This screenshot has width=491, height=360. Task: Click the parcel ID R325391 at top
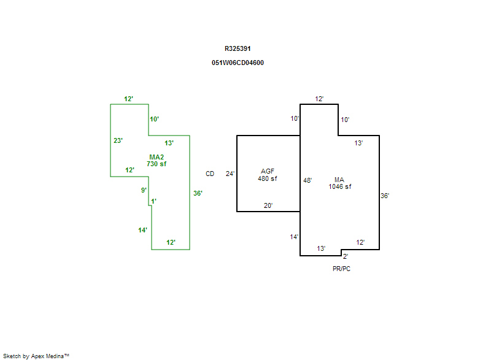[238, 48]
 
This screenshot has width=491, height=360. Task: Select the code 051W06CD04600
[238, 63]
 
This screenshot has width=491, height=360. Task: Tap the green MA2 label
[157, 157]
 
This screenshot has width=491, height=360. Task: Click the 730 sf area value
[157, 164]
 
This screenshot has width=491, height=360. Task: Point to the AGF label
[268, 171]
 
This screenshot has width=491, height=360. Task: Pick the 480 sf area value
[268, 178]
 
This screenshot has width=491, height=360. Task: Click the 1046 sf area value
[339, 186]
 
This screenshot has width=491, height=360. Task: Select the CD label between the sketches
[210, 174]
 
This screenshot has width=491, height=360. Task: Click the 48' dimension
[307, 180]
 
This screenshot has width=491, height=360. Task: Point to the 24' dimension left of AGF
[230, 174]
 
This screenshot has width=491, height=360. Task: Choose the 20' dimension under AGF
[268, 205]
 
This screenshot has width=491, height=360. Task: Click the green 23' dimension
[118, 140]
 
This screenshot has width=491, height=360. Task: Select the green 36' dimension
[198, 193]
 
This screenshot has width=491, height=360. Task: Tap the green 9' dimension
[144, 190]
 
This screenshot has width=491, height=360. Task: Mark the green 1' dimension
[153, 201]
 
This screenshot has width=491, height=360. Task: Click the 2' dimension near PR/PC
[345, 256]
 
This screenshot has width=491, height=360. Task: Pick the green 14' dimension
[142, 230]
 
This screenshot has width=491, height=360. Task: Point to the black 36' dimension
[385, 196]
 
